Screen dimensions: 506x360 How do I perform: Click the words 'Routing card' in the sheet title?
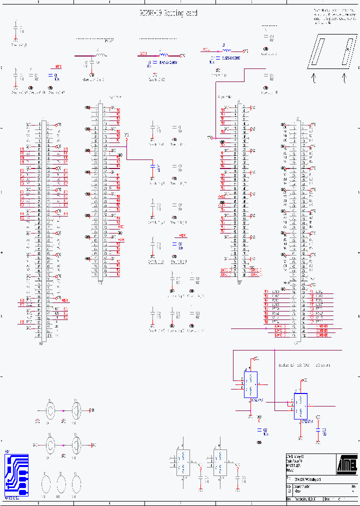pyautogui.click(x=177, y=13)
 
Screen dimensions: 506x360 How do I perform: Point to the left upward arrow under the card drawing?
pyautogui.click(x=314, y=78)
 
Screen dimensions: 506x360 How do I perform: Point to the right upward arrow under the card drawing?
pyautogui.click(x=344, y=78)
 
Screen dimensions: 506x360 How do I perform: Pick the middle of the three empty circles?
pyautogui.click(x=61, y=483)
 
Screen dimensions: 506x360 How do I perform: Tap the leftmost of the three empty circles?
pyautogui.click(x=45, y=483)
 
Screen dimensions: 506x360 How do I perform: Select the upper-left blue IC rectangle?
pyautogui.click(x=250, y=384)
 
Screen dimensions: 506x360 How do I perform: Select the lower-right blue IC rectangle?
pyautogui.click(x=300, y=406)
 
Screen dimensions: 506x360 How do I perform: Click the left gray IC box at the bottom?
pyautogui.click(x=183, y=462)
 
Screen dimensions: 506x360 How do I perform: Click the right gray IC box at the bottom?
pyautogui.click(x=219, y=462)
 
